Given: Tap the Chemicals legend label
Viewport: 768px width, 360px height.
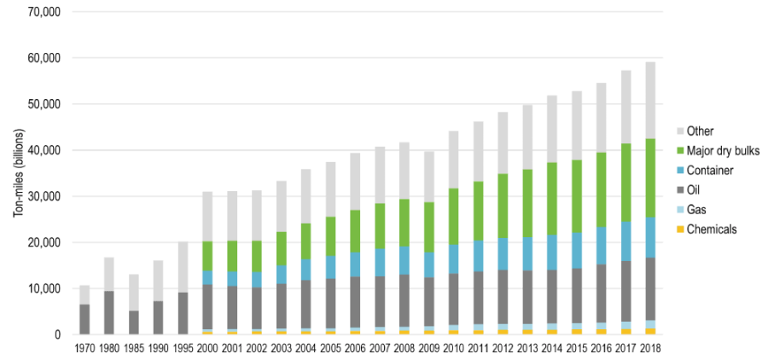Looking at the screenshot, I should click(712, 229).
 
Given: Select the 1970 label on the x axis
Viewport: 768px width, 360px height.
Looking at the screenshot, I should click(84, 348).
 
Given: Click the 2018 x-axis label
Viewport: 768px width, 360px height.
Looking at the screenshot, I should click(650, 348).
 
